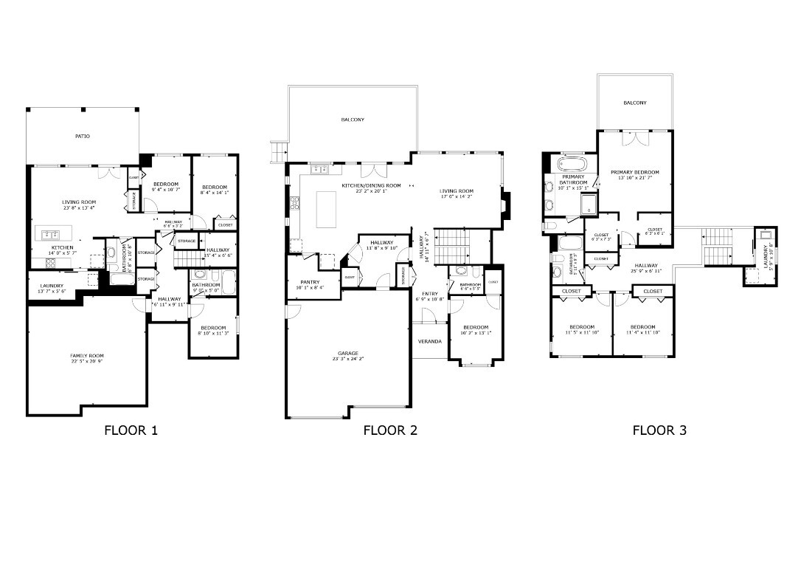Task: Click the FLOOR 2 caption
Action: click(390, 430)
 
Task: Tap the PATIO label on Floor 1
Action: click(82, 137)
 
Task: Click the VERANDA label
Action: click(429, 341)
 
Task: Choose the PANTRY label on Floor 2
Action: click(310, 281)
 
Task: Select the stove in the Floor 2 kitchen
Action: click(294, 202)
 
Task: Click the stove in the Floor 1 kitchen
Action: click(51, 262)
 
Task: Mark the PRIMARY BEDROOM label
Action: click(634, 172)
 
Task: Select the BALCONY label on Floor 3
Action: click(634, 103)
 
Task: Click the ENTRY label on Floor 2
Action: click(429, 294)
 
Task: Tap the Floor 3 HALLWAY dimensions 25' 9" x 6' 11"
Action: click(645, 271)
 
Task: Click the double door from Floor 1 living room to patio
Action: click(111, 173)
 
